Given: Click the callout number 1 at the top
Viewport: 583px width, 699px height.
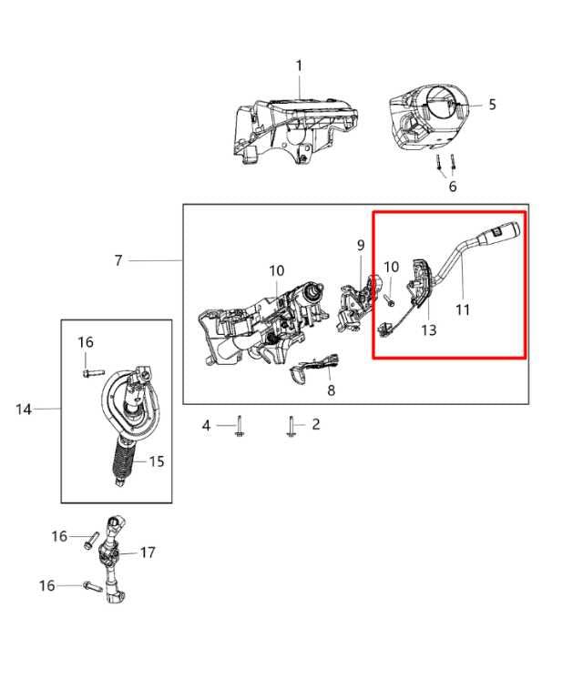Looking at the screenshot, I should [299, 66].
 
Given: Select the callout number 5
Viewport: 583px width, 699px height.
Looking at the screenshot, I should [492, 105].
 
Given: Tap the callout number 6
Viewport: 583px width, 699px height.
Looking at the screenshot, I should [452, 187].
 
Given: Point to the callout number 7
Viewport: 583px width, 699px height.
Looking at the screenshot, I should [118, 261].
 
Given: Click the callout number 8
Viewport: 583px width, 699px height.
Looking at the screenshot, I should [331, 390].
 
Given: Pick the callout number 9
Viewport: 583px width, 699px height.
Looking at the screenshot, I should [360, 245].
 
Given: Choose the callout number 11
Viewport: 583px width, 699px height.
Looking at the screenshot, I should [463, 309].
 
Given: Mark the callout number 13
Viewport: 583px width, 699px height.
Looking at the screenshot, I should [428, 329].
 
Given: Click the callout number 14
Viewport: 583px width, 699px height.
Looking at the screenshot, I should [24, 410].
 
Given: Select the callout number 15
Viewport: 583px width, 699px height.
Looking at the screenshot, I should [157, 461].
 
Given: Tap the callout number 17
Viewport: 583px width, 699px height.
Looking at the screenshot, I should [148, 552].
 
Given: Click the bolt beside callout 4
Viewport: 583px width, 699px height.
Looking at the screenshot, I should [238, 426].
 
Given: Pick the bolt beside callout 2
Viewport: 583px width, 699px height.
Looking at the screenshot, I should [291, 426].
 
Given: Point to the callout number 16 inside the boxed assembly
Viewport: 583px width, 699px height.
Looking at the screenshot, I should [85, 342].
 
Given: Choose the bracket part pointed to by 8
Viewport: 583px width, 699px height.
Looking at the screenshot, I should [310, 369].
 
